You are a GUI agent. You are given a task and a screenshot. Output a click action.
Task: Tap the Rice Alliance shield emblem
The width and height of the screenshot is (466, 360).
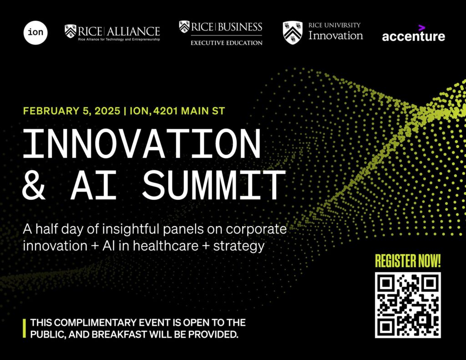click(71, 31)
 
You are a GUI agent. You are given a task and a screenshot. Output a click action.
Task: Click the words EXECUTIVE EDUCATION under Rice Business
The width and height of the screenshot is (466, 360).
click(226, 43)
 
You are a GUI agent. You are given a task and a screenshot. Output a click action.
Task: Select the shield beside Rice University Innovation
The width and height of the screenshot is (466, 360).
click(293, 32)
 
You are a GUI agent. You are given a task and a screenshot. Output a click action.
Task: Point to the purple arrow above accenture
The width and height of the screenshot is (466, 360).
click(422, 28)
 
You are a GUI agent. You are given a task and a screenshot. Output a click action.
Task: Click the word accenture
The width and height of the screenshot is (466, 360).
click(413, 36)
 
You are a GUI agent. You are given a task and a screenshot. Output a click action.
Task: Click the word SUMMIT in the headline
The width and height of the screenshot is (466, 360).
click(213, 186)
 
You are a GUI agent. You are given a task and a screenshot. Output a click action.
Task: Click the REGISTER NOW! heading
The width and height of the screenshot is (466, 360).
click(408, 261)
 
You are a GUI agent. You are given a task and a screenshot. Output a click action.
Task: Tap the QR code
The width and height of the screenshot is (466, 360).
click(408, 305)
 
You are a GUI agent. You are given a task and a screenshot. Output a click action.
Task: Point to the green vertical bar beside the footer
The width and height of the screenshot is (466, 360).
click(25, 329)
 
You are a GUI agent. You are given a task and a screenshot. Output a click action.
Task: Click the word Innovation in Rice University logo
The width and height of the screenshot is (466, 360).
click(335, 35)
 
